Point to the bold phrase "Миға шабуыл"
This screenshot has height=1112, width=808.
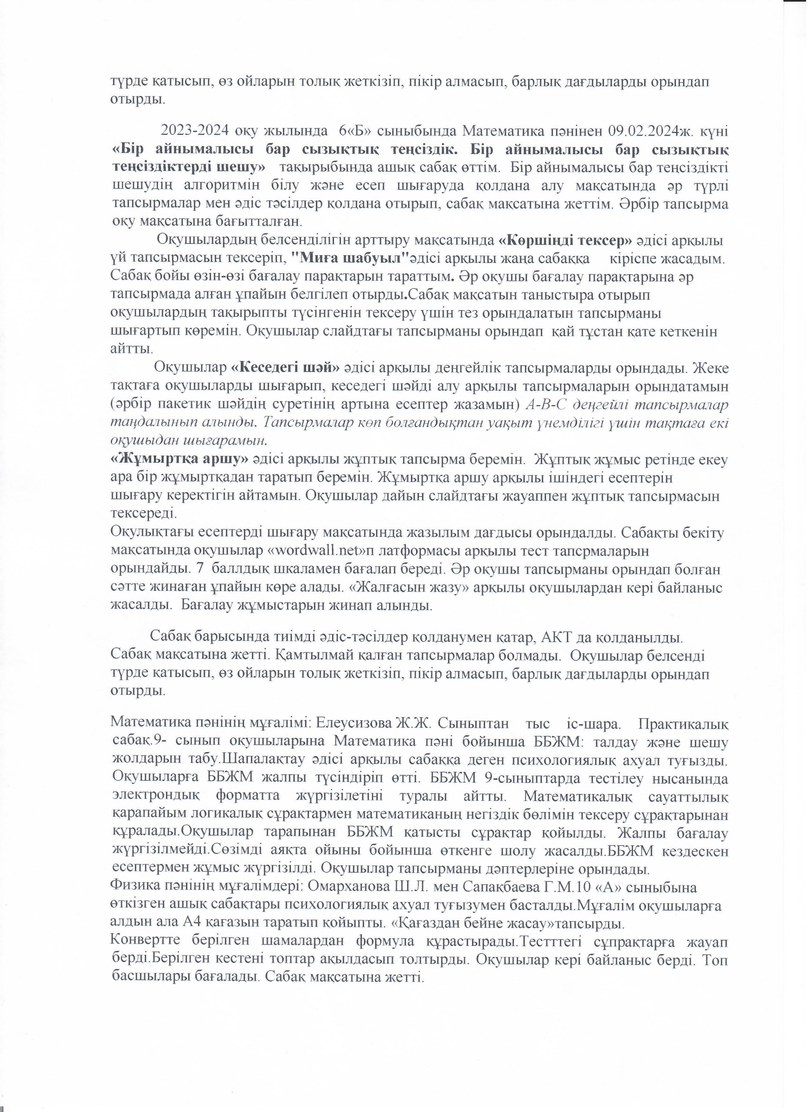(x=349, y=257)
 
